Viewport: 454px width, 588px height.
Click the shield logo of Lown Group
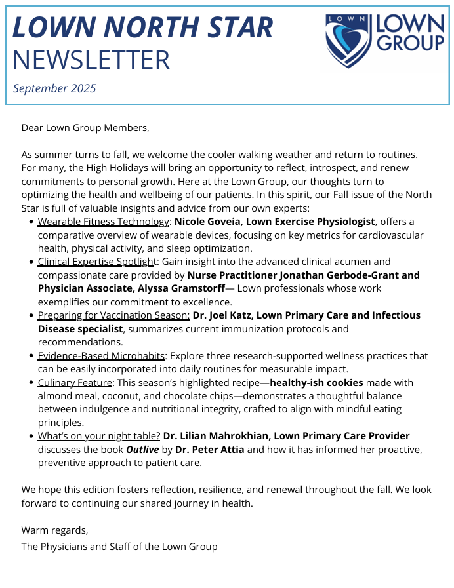pyautogui.click(x=348, y=41)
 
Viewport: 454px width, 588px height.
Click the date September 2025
pyautogui.click(x=54, y=88)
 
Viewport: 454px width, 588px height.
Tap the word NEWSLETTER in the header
pyautogui.click(x=91, y=60)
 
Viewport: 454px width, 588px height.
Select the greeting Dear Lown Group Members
pyautogui.click(x=85, y=128)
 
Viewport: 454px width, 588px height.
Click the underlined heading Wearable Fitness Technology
pyautogui.click(x=104, y=222)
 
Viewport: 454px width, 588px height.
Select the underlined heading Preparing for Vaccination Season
pyautogui.click(x=113, y=315)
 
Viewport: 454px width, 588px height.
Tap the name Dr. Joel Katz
pyautogui.click(x=223, y=315)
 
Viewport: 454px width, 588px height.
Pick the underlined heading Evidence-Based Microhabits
pyautogui.click(x=101, y=356)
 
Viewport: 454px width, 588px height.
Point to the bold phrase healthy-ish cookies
pyautogui.click(x=318, y=382)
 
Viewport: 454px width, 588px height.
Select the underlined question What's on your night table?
pyautogui.click(x=98, y=436)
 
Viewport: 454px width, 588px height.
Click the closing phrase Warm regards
pyautogui.click(x=54, y=530)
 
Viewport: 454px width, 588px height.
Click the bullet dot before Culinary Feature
pyautogui.click(x=31, y=383)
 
